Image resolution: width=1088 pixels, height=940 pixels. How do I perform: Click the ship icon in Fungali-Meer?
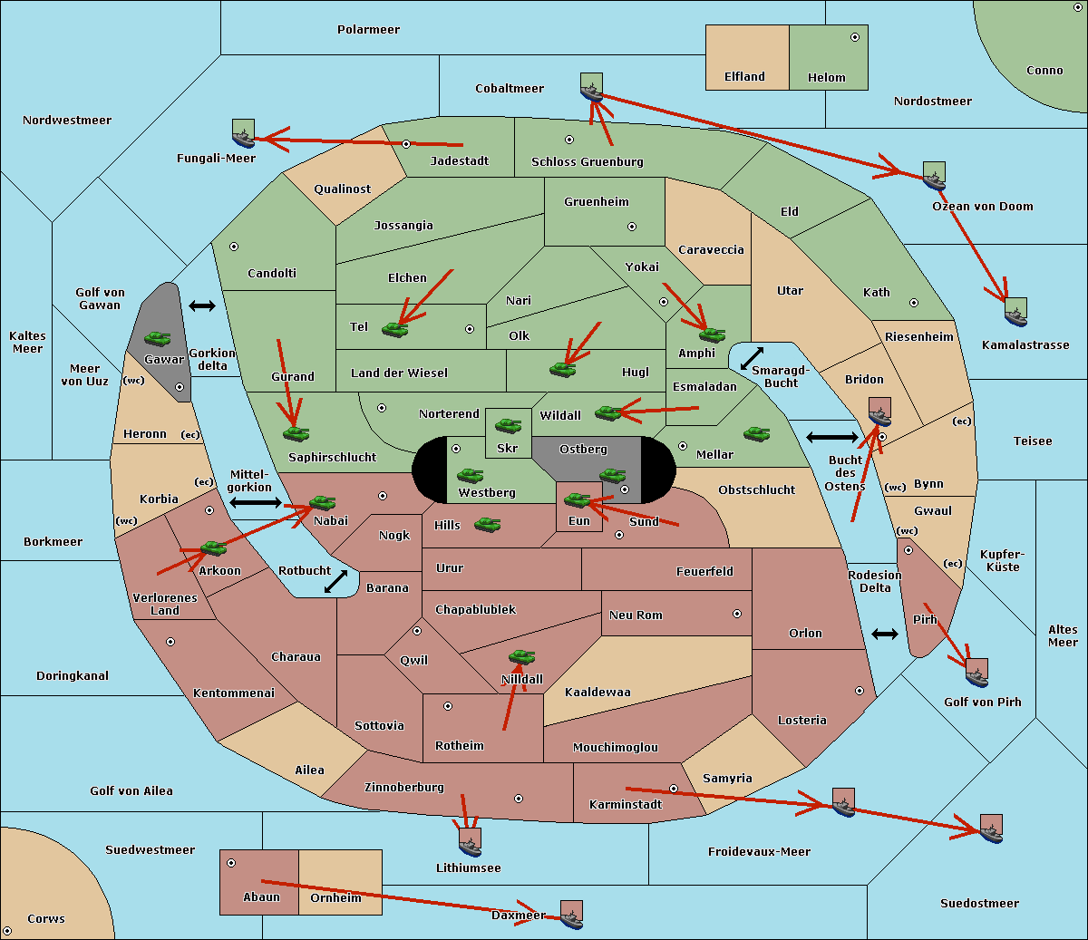point(243,133)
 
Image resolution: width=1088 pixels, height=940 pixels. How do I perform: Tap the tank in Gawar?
point(158,338)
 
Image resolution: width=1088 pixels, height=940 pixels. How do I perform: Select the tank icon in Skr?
point(509,425)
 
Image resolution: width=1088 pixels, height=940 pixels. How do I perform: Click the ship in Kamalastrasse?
point(1015,313)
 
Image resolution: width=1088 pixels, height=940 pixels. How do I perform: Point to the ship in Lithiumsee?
point(470,843)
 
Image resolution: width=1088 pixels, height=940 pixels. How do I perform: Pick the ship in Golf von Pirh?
point(977,673)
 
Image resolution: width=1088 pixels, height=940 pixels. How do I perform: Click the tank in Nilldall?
point(521,657)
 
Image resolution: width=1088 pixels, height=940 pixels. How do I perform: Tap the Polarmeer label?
point(368,30)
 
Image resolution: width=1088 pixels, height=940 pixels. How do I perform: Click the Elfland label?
point(744,77)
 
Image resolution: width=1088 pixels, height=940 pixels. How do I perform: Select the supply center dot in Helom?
point(855,37)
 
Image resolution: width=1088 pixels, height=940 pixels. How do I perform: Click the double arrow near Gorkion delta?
point(202,305)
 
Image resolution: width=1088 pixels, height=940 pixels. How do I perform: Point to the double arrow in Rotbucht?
point(335,581)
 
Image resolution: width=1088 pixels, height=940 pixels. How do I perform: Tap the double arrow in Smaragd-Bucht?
point(752,358)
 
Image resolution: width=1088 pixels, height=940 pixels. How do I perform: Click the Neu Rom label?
point(636,615)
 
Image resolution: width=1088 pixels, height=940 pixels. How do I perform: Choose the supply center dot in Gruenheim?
point(632,227)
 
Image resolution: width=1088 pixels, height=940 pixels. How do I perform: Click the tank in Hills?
point(488,524)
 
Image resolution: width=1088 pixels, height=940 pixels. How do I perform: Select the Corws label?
point(46,918)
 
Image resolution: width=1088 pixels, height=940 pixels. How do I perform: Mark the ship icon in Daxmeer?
point(571,915)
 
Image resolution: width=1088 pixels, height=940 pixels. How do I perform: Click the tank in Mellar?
point(757,433)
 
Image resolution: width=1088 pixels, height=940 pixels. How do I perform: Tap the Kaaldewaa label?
point(597,692)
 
